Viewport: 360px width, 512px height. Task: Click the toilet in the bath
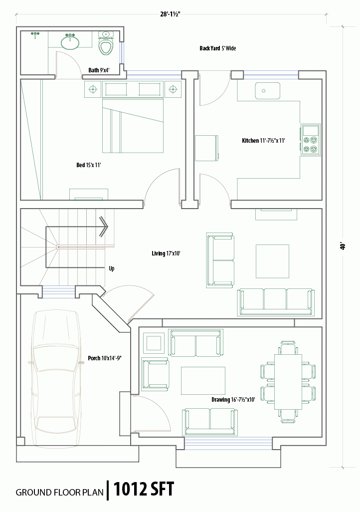[x=106, y=42]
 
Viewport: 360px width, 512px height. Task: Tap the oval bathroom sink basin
[x=69, y=42]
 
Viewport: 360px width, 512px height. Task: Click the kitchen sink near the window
[x=268, y=90]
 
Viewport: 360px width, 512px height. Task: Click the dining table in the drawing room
[x=288, y=382]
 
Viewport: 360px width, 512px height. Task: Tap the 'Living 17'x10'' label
[x=166, y=254]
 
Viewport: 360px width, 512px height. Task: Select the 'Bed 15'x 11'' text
[x=89, y=165]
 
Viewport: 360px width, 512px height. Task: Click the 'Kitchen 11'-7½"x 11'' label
[x=263, y=141]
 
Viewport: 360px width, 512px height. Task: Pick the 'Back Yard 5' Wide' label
[x=218, y=48]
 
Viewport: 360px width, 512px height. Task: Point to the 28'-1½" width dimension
[x=171, y=14]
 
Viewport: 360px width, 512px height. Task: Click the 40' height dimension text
[x=343, y=246]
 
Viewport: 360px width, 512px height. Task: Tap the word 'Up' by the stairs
[x=112, y=269]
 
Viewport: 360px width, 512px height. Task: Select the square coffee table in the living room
[x=272, y=261]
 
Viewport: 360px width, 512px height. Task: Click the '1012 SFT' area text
[x=144, y=489]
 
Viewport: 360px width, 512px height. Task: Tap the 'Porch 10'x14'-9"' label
[x=105, y=358]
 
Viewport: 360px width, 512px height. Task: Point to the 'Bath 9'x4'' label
[x=99, y=70]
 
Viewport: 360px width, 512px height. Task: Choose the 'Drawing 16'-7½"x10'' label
[x=233, y=400]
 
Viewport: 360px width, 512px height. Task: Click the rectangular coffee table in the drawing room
[x=203, y=380]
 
